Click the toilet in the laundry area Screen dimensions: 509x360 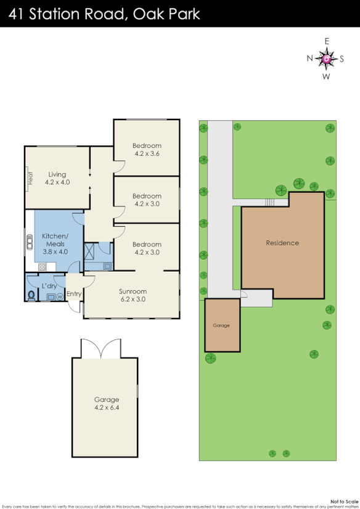click(x=31, y=295)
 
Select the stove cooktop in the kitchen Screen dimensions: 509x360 click(x=43, y=267)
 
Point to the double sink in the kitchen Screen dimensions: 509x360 click(x=28, y=242)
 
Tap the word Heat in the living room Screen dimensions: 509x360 click(x=30, y=177)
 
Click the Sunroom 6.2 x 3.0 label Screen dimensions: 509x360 click(x=133, y=295)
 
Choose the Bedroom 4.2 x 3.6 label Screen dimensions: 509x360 click(x=147, y=149)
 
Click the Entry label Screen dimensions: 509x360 click(x=74, y=294)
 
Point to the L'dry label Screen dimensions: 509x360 click(x=49, y=285)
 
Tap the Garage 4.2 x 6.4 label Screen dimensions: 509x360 click(x=107, y=403)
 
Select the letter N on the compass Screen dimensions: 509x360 click(x=310, y=59)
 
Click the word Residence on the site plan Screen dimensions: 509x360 click(x=282, y=243)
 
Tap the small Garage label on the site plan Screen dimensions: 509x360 click(x=221, y=325)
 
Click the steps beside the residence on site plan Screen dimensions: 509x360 click(x=269, y=202)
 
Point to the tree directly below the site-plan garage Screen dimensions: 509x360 click(x=210, y=359)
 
